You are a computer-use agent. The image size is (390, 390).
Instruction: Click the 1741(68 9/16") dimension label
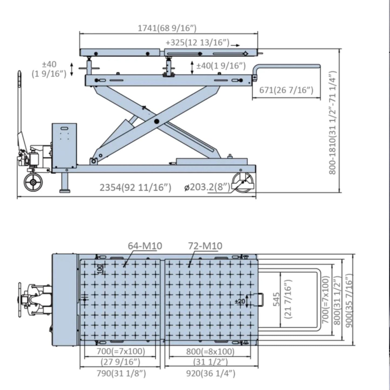pyautogui.click(x=167, y=28)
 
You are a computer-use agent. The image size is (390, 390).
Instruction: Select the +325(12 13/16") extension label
pyautogui.click(x=198, y=43)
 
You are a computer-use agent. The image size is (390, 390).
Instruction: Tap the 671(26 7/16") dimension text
pyautogui.click(x=286, y=90)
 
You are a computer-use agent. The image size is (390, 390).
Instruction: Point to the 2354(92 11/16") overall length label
pyautogui.click(x=135, y=187)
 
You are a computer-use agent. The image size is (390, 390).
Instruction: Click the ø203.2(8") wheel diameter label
pyautogui.click(x=207, y=187)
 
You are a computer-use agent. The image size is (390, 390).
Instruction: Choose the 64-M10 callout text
pyautogui.click(x=145, y=246)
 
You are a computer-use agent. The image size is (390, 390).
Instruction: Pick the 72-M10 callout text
pyautogui.click(x=205, y=246)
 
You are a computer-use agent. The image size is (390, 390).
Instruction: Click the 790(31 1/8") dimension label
pyautogui.click(x=121, y=374)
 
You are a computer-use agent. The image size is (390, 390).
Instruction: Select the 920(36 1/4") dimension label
pyautogui.click(x=211, y=374)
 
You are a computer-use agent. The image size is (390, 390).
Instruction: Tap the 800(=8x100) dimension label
pyautogui.click(x=210, y=351)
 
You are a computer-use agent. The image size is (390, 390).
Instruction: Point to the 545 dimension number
pyautogui.click(x=276, y=299)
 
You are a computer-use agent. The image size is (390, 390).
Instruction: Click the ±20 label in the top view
pyautogui.click(x=240, y=301)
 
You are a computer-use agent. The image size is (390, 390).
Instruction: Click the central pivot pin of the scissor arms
pyautogui.click(x=156, y=121)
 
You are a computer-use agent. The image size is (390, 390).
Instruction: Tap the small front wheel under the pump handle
pyautogui.click(x=33, y=182)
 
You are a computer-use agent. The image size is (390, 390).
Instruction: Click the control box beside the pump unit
pyautogui.click(x=64, y=146)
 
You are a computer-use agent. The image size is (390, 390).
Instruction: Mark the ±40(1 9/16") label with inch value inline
pyautogui.click(x=221, y=66)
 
